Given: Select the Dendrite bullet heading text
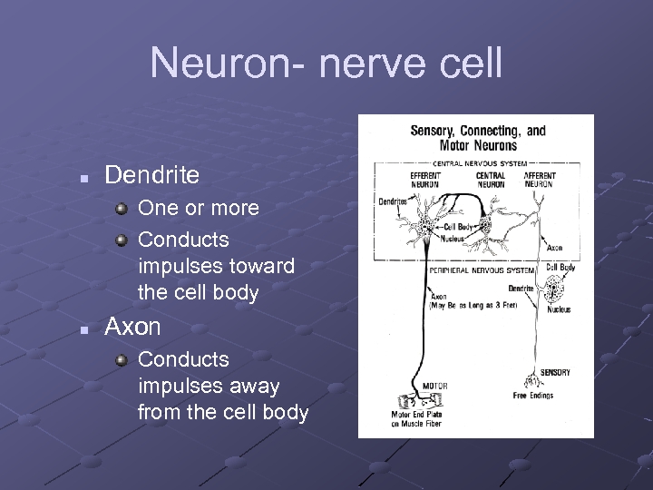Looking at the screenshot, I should pyautogui.click(x=151, y=173).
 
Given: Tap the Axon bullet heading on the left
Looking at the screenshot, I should pyautogui.click(x=132, y=327).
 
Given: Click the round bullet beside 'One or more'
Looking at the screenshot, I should pyautogui.click(x=122, y=208).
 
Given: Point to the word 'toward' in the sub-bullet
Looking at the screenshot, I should pyautogui.click(x=261, y=267).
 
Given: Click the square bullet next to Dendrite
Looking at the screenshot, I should pyautogui.click(x=83, y=178).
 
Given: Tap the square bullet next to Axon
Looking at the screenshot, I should pyautogui.click(x=83, y=330).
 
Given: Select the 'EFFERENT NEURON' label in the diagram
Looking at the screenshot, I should pyautogui.click(x=424, y=180).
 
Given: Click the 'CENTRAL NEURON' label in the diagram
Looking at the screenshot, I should pyautogui.click(x=491, y=180).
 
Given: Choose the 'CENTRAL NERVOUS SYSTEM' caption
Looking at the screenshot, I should pyautogui.click(x=475, y=163).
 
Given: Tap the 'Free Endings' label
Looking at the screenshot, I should pyautogui.click(x=533, y=396).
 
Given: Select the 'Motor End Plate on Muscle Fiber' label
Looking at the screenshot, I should pyautogui.click(x=416, y=418).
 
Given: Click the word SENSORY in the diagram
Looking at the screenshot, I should pyautogui.click(x=555, y=373).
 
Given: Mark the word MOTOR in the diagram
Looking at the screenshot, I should pyautogui.click(x=435, y=387).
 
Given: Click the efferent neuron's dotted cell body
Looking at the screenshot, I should pyautogui.click(x=425, y=223).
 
